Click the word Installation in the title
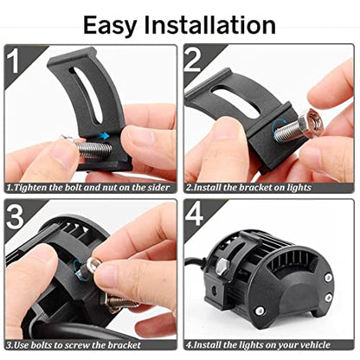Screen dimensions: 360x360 coord(209,25)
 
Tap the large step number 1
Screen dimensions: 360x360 coord(14,61)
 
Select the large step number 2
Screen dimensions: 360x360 coord(193,61)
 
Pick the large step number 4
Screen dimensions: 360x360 coord(194,215)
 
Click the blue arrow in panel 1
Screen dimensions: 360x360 coord(103,135)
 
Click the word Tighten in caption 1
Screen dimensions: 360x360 coord(31,188)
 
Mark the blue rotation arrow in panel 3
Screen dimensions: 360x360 coord(78,269)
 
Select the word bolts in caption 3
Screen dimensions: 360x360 coord(41,345)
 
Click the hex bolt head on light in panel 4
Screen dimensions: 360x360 coord(222,267)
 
